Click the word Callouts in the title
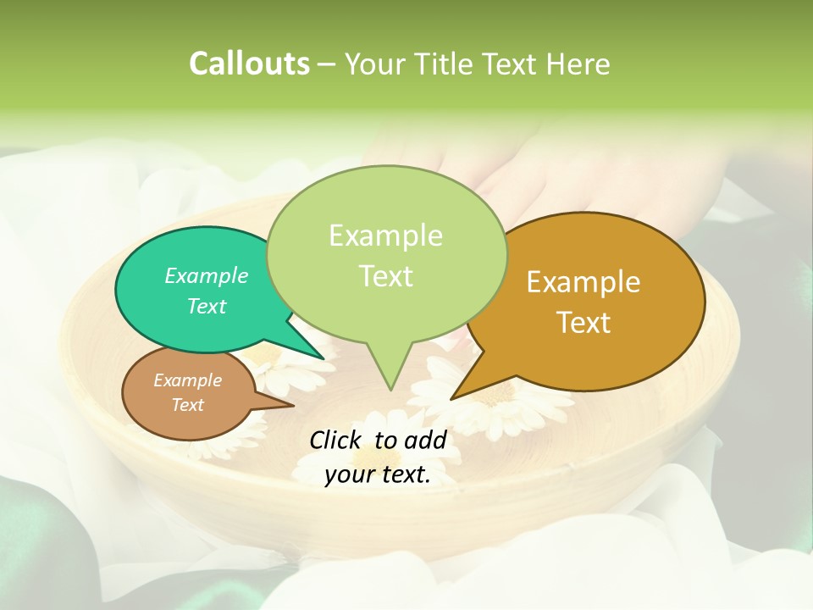pyautogui.click(x=249, y=64)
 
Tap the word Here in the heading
pyautogui.click(x=576, y=64)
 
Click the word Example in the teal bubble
pyautogui.click(x=207, y=276)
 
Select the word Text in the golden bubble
pyautogui.click(x=584, y=322)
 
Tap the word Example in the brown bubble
pyautogui.click(x=188, y=380)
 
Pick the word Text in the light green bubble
pyautogui.click(x=386, y=276)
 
